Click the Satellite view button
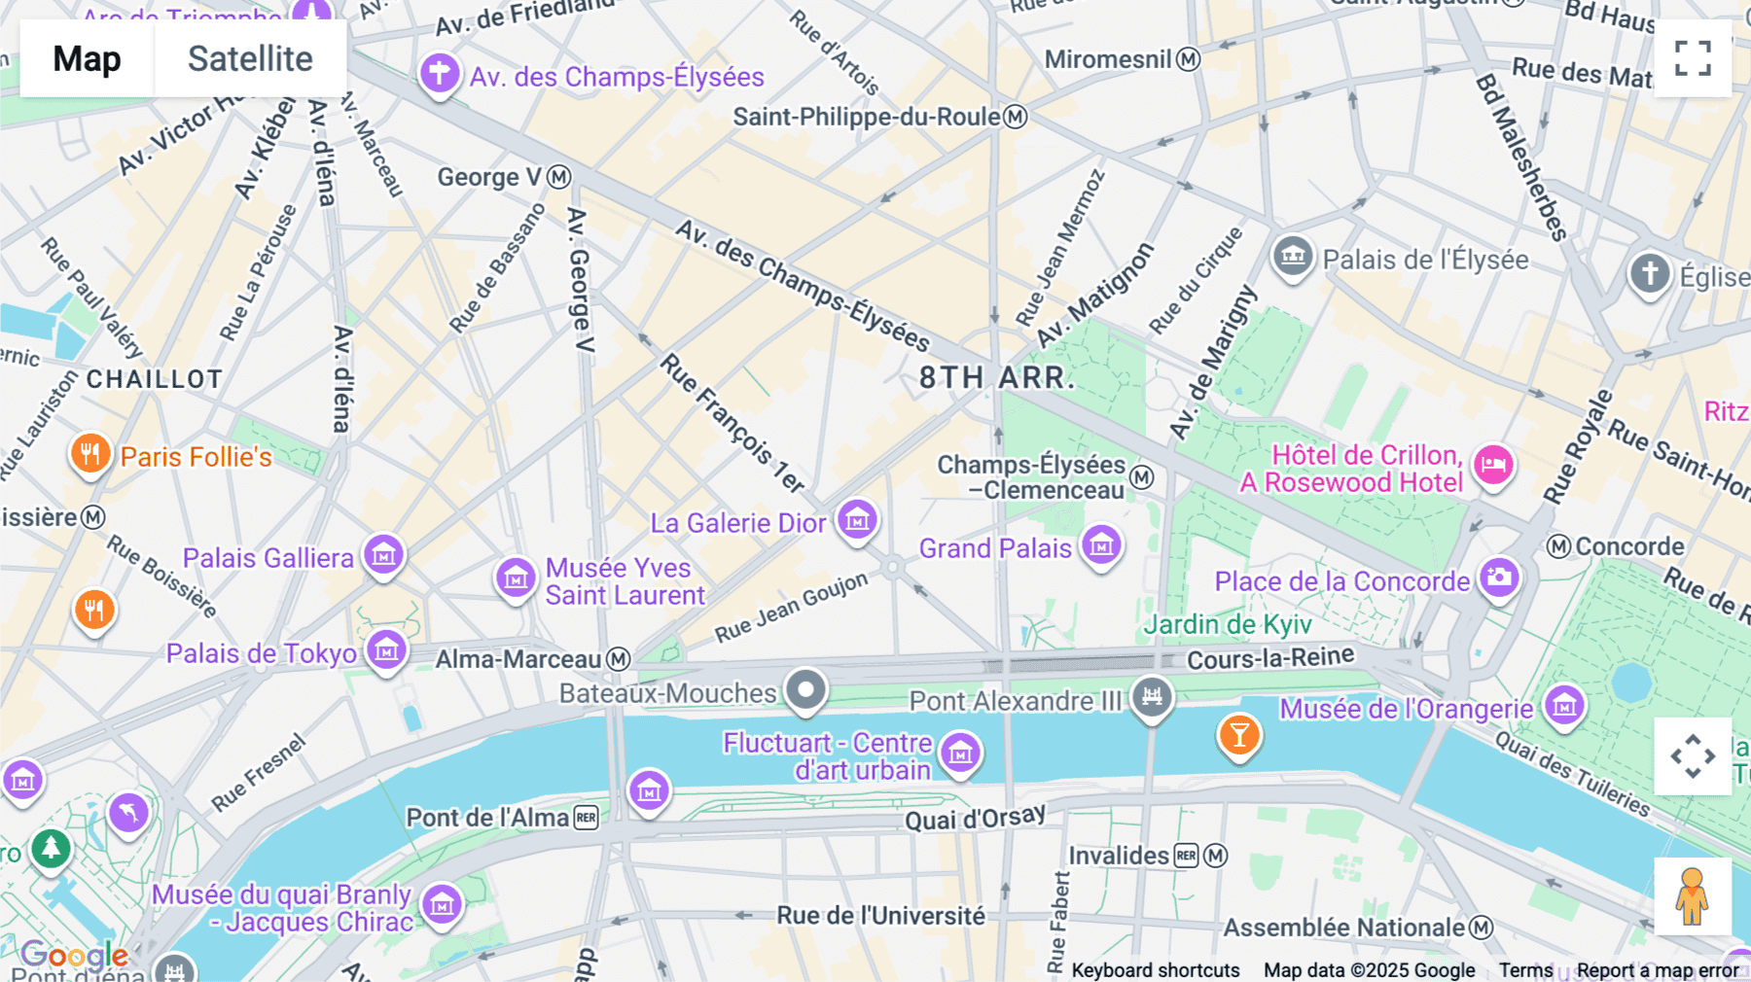(x=250, y=58)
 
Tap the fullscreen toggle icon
(x=1693, y=58)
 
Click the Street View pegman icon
(x=1692, y=896)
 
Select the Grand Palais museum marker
(x=1101, y=545)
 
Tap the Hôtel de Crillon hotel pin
(x=1493, y=465)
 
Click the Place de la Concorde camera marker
(x=1499, y=578)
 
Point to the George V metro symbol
(x=558, y=177)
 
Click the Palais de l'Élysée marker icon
(x=1293, y=257)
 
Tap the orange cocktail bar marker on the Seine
(x=1239, y=735)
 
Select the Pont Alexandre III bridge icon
(x=1153, y=696)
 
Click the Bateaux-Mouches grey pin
(x=805, y=690)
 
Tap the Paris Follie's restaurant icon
(x=90, y=453)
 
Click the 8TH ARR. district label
(x=996, y=378)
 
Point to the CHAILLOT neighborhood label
(x=155, y=379)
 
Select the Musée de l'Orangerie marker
(x=1564, y=706)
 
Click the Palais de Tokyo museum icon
(x=386, y=650)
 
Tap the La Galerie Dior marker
(x=857, y=520)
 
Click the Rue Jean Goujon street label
(x=791, y=608)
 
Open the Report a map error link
(x=1657, y=969)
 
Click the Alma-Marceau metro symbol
(x=619, y=659)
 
